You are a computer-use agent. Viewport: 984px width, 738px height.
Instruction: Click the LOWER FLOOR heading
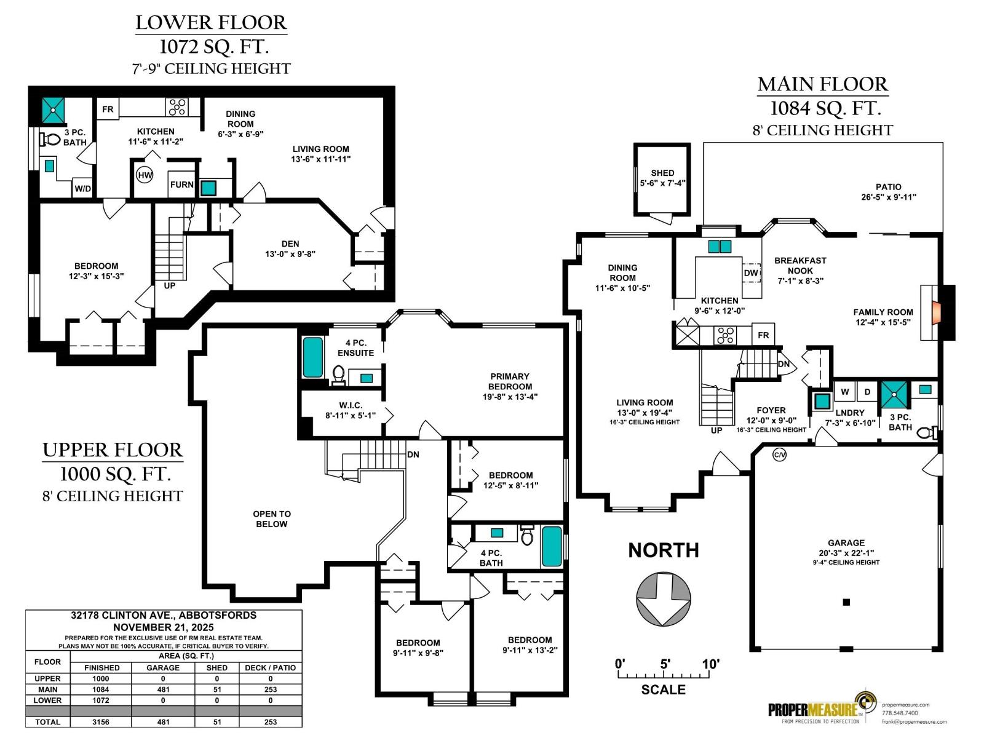211,23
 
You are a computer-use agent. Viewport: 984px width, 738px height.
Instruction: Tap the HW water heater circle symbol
145,175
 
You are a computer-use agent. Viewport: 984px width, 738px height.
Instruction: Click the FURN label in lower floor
182,184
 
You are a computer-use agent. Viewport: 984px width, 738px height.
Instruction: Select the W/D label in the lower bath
83,188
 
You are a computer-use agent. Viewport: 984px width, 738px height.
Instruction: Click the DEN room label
290,244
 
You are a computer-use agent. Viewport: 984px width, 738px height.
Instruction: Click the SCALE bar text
663,689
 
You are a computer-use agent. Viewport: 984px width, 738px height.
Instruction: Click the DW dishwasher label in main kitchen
751,273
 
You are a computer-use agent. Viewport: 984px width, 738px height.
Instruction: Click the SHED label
662,173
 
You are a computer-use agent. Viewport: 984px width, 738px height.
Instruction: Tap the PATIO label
888,186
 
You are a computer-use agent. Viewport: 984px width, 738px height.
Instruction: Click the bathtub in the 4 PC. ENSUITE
312,357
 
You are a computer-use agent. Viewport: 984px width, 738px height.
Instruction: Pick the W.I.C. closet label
351,405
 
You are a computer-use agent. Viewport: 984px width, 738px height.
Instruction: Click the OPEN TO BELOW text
271,518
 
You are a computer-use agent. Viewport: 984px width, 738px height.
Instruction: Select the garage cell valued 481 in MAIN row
163,689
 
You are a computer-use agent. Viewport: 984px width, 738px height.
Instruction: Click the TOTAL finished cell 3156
101,722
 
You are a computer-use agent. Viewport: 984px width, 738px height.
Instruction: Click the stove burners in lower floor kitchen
177,108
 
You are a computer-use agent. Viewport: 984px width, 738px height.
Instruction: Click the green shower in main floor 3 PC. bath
894,395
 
